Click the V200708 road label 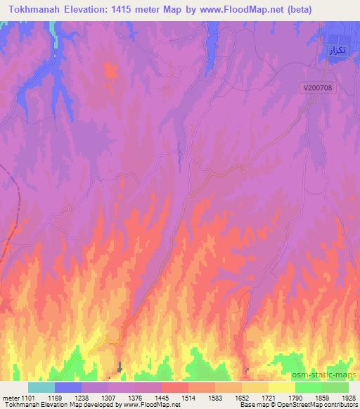pos(321,88)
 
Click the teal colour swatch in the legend pos(41,387)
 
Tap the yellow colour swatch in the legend pos(282,387)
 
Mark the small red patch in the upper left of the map pos(110,70)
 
